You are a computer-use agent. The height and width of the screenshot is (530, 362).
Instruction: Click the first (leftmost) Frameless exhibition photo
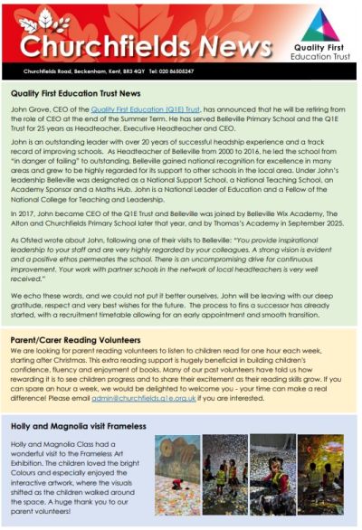tap(176, 476)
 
